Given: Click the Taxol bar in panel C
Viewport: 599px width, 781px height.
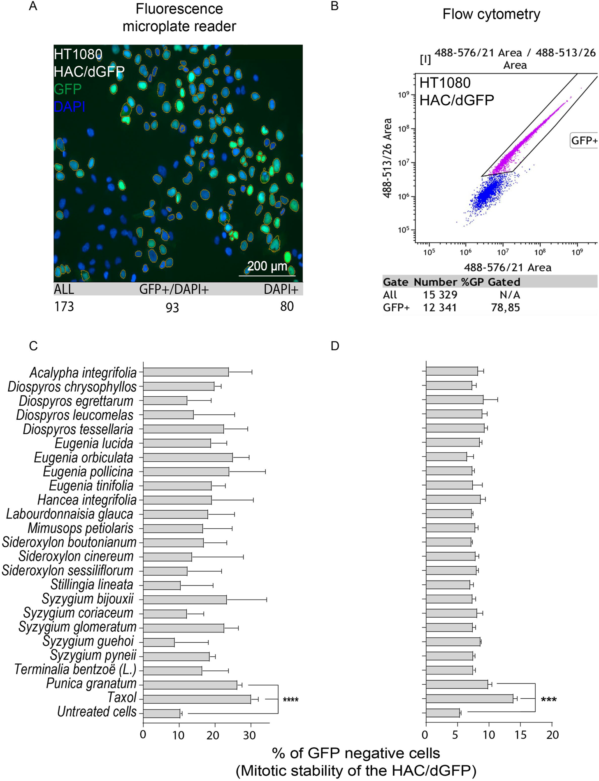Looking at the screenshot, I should point(197,699).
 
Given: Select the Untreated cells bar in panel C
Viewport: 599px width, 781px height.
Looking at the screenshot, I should point(161,713).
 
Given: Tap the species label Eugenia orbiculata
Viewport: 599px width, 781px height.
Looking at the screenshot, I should point(84,458).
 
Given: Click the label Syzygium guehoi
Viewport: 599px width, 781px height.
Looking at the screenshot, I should point(88,641).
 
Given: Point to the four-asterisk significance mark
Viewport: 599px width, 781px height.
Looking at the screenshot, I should point(290,700).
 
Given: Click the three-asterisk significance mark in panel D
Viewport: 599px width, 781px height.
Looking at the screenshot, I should point(548,700).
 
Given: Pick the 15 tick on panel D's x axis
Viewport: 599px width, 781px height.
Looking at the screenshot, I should point(520,735).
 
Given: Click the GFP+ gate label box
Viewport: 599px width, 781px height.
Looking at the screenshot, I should point(584,140).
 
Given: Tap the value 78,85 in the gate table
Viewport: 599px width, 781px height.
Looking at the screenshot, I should point(505,307).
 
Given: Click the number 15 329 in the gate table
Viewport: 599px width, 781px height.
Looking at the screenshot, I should point(440,295).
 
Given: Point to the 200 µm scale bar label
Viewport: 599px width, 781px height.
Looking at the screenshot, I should point(267,266).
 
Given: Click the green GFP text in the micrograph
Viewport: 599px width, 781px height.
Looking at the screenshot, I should point(67,89).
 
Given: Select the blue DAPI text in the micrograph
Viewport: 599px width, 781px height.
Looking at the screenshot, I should point(69,107).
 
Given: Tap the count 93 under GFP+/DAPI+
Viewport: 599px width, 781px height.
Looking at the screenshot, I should point(172,307).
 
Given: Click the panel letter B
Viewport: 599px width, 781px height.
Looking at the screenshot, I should point(334,6).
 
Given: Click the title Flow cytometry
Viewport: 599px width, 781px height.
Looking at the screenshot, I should point(491,14).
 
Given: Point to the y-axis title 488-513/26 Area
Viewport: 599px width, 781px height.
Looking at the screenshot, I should point(387,158).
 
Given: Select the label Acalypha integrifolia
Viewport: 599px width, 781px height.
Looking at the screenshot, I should point(83,372).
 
